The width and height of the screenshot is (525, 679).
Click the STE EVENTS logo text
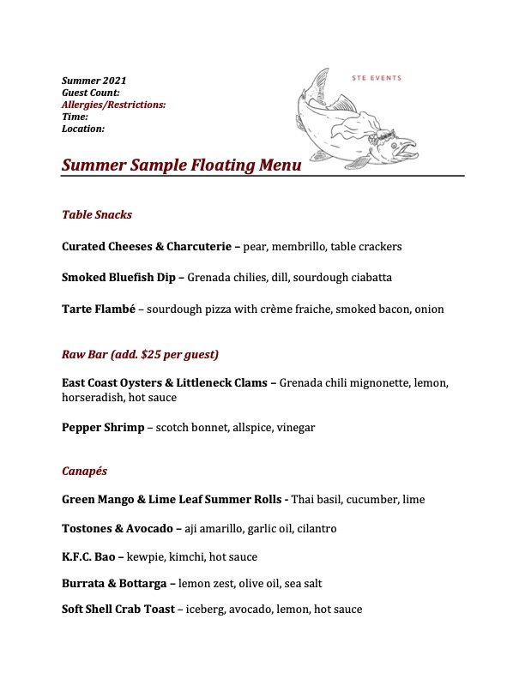pos(377,78)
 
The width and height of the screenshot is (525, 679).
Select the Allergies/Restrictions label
pos(114,105)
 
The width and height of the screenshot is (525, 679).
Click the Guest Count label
pos(91,93)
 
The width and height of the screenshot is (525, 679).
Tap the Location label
pos(83,129)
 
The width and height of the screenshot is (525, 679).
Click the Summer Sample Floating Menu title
pos(181,165)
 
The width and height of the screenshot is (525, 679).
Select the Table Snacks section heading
pos(97,214)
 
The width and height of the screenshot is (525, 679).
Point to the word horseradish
pos(94,398)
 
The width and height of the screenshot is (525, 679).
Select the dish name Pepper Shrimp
pos(103,428)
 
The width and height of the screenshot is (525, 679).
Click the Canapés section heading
pos(84,472)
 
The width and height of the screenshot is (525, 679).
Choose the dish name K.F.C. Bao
pos(88,557)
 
